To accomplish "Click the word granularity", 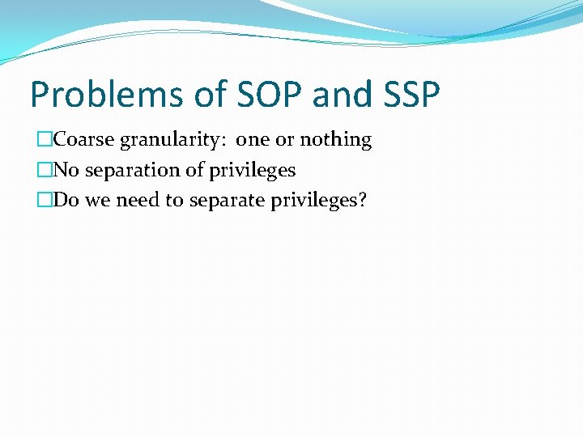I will tap(172, 141).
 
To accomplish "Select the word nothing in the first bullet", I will tap(335, 141).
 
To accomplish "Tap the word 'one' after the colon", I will tap(253, 141).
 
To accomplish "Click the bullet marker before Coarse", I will tap(45, 140).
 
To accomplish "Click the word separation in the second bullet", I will tap(126, 171).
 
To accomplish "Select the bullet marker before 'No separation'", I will tap(45, 171).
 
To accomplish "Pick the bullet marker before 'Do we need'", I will tap(45, 201).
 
